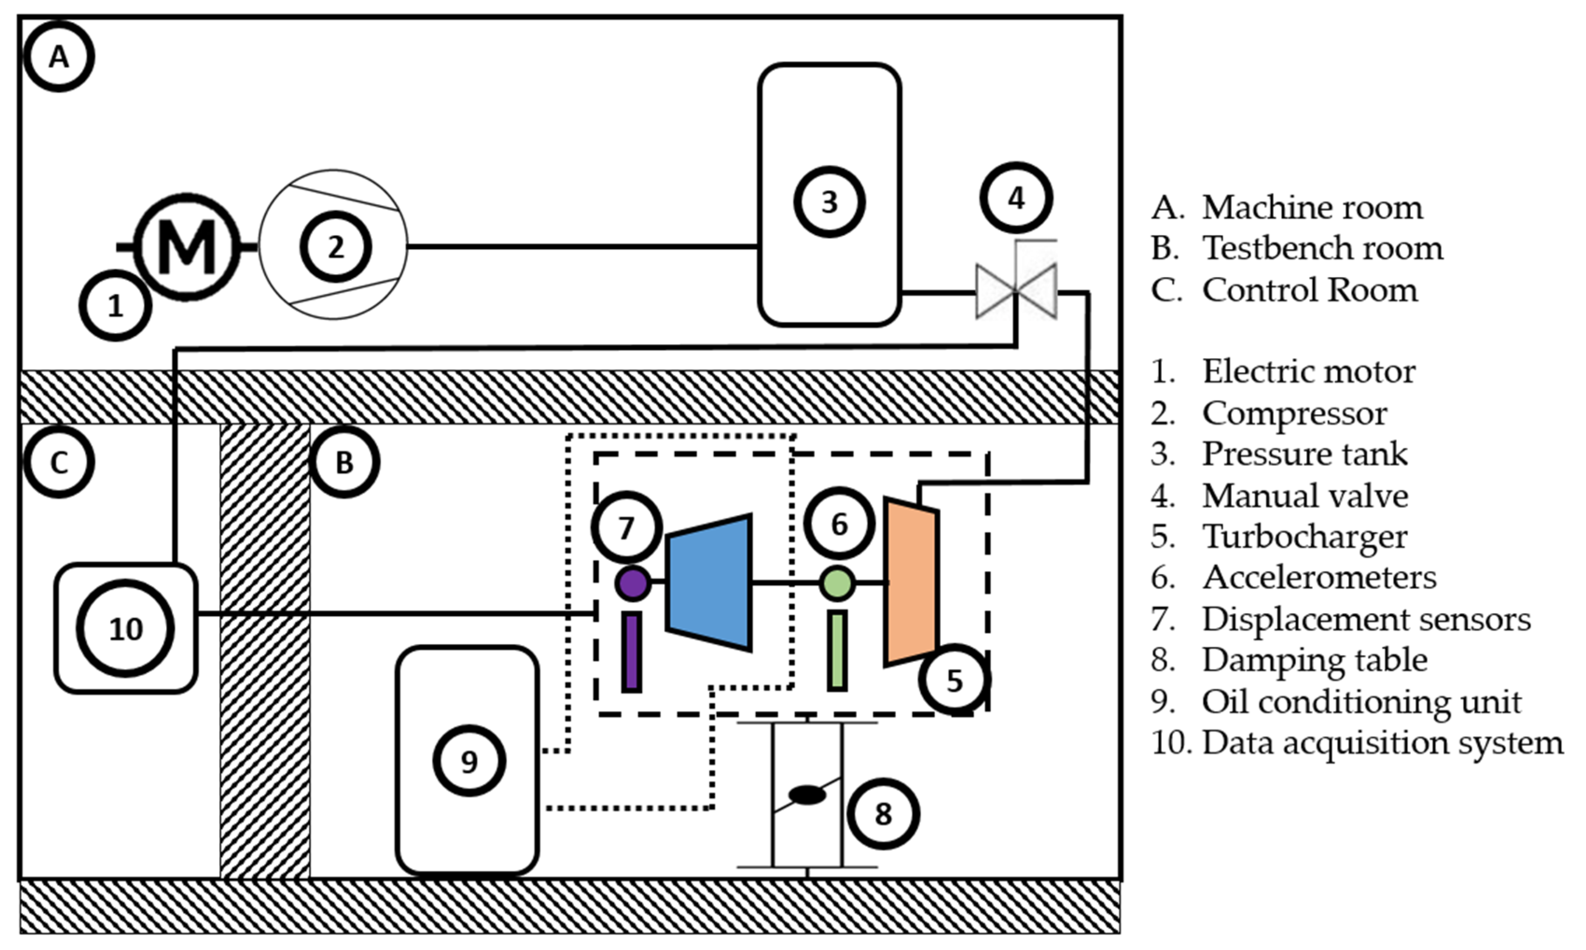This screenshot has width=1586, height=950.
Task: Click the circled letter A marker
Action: coord(59,56)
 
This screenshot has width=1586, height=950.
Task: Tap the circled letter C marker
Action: coord(59,462)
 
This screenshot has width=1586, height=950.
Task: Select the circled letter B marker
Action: coord(344,462)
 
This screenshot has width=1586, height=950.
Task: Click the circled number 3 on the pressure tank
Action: coord(829,201)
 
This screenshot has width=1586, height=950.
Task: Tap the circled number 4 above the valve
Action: coord(1016,199)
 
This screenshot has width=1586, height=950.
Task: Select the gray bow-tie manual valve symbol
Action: coord(1016,292)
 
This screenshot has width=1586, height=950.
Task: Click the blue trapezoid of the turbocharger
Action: coord(709,582)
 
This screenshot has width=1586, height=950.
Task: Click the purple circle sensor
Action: coord(633,583)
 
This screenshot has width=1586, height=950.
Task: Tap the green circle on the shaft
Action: coord(837,583)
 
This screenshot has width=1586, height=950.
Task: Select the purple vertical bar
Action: coord(631,652)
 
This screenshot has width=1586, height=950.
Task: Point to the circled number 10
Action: coord(125,629)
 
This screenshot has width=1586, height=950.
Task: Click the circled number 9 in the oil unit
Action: coord(469,761)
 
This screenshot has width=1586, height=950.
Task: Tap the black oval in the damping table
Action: coord(807,794)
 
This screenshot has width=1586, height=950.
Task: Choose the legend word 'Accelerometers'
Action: coord(1319,577)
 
